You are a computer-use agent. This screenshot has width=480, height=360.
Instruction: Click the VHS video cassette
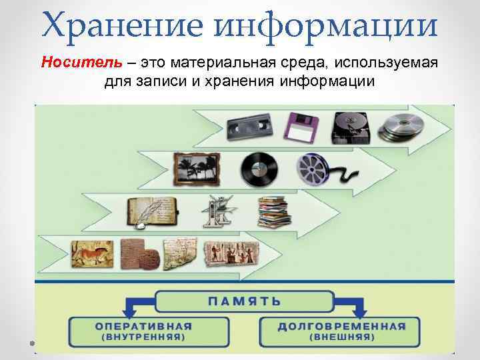click(249, 125)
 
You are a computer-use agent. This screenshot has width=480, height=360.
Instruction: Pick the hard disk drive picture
click(351, 125)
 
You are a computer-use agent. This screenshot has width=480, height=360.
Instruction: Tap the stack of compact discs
click(401, 126)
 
